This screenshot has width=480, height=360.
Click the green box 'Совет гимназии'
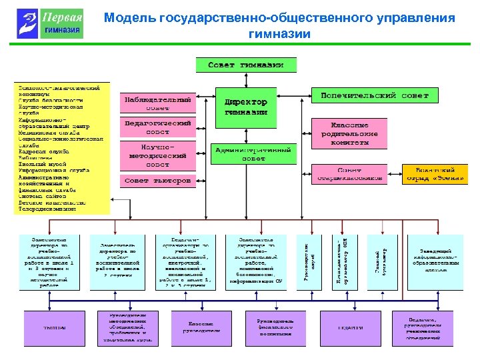[x=245, y=65]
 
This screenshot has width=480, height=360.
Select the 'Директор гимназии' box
[x=246, y=107]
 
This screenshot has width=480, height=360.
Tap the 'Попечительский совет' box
[x=380, y=96]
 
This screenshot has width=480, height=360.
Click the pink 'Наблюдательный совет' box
[x=158, y=103]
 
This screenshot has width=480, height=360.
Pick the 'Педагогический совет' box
[x=158, y=127]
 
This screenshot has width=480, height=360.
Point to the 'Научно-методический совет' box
[x=158, y=155]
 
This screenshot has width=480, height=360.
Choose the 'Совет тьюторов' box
[x=158, y=181]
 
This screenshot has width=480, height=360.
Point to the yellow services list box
[x=61, y=148]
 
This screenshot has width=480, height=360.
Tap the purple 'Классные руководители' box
[x=200, y=327]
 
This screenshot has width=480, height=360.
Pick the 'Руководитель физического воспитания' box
[x=275, y=327]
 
